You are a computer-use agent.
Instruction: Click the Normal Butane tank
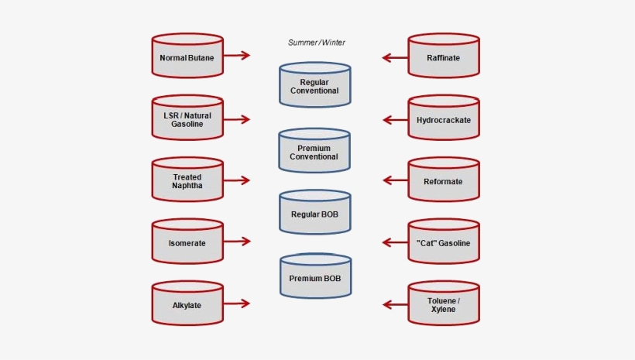pyautogui.click(x=187, y=56)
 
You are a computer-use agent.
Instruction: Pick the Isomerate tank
pyautogui.click(x=187, y=242)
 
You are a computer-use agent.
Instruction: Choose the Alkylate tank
pyautogui.click(x=187, y=304)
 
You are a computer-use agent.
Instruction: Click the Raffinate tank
pyautogui.click(x=444, y=56)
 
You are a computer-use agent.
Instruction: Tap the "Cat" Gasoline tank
pyautogui.click(x=444, y=242)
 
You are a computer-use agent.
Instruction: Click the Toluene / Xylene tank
pyautogui.click(x=444, y=304)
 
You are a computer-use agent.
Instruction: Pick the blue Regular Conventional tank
pyautogui.click(x=314, y=85)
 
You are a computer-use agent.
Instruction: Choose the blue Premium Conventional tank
pyautogui.click(x=314, y=151)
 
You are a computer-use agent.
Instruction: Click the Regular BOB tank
pyautogui.click(x=314, y=212)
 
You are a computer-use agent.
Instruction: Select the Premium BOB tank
pyautogui.click(x=314, y=276)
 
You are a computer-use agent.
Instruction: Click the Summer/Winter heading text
pyautogui.click(x=317, y=43)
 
